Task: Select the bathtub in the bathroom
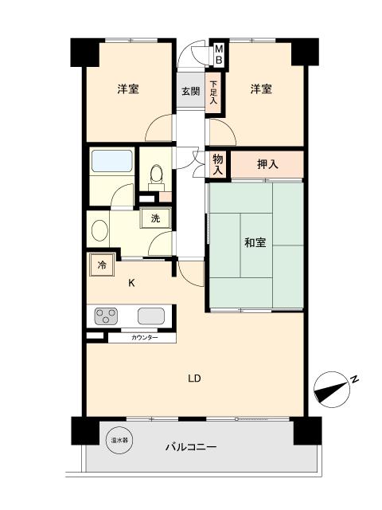111,162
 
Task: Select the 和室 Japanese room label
255,243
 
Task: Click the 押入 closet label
267,164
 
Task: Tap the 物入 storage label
217,165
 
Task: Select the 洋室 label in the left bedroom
129,89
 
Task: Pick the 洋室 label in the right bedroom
260,89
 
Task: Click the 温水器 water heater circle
120,439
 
